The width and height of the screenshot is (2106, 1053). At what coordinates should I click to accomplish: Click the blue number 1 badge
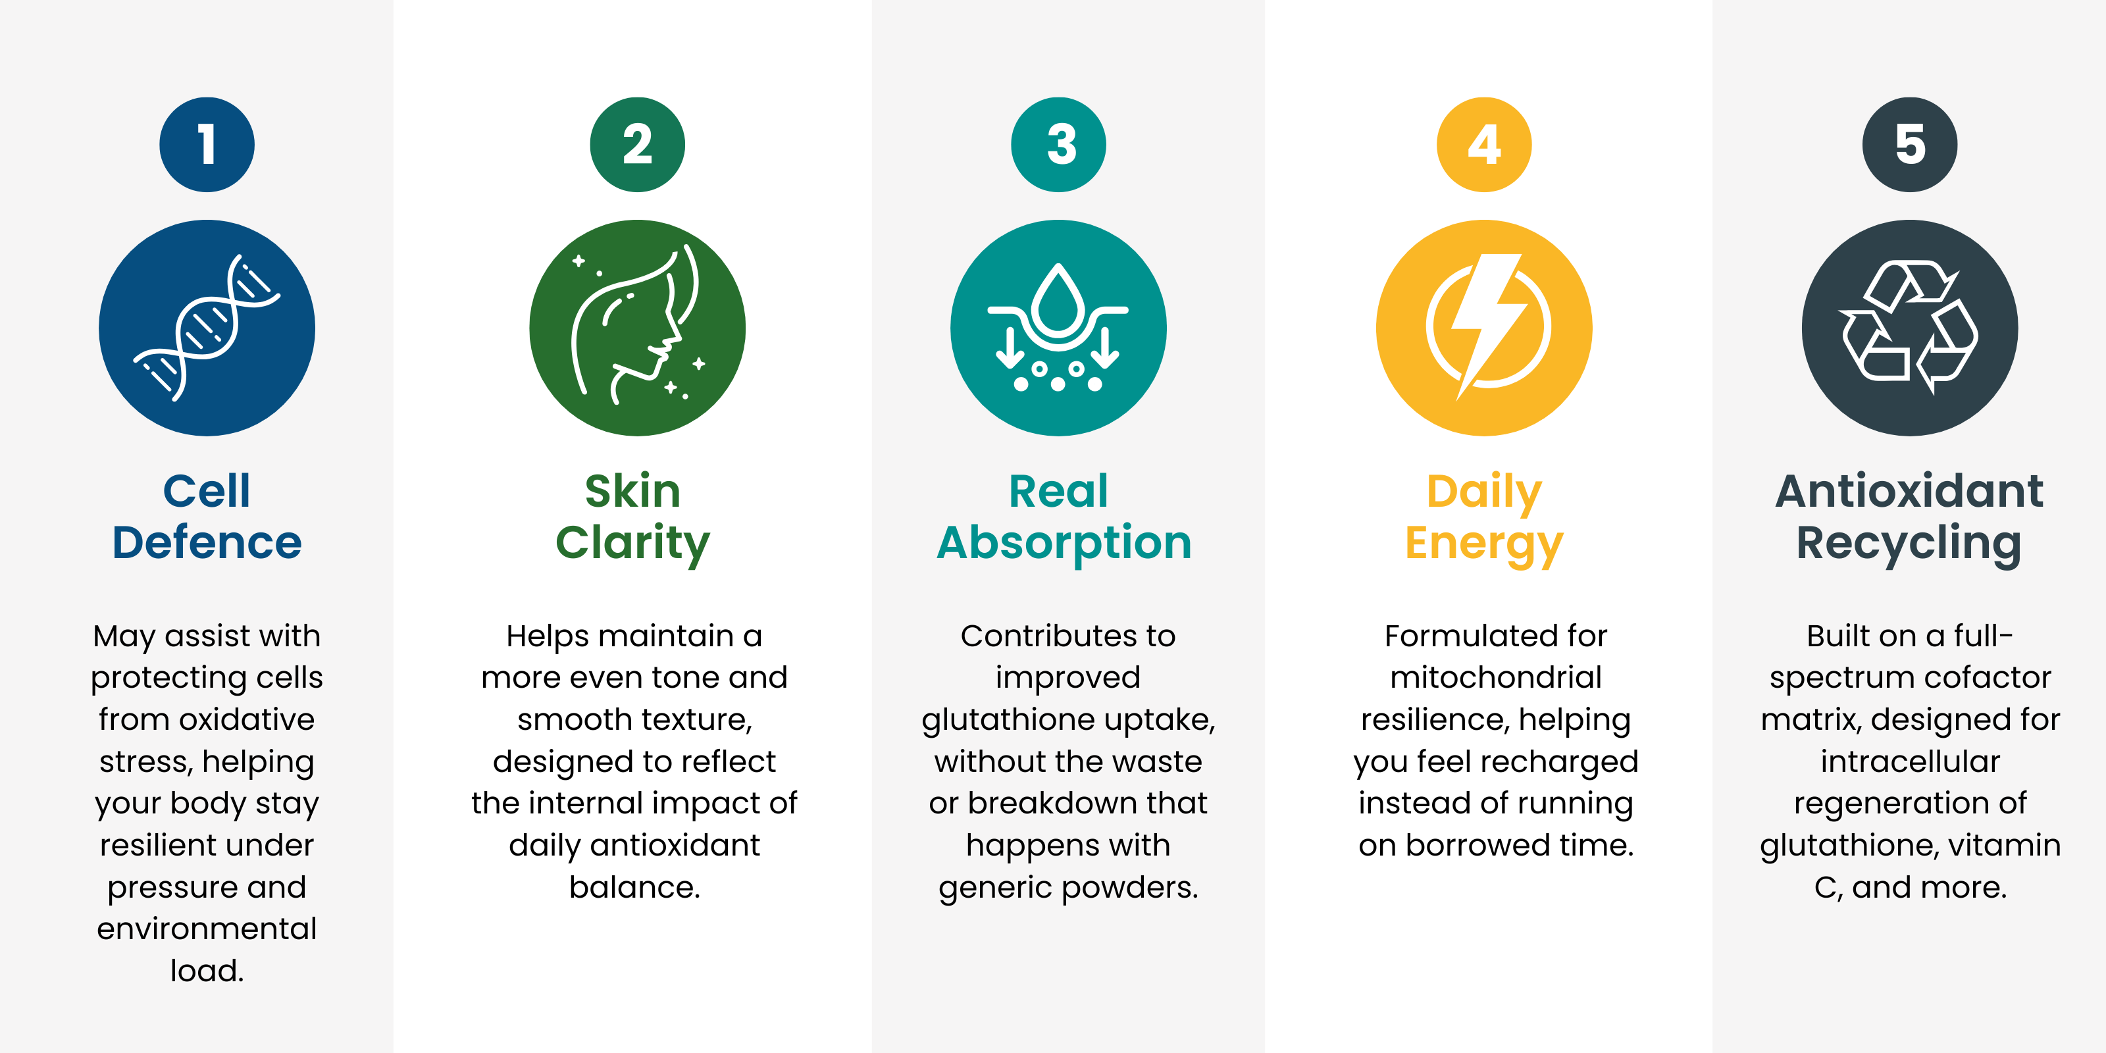pyautogui.click(x=207, y=145)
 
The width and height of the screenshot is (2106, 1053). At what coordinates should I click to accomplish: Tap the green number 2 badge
pyautogui.click(x=638, y=145)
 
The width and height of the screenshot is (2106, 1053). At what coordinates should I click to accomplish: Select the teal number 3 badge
pyautogui.click(x=1059, y=145)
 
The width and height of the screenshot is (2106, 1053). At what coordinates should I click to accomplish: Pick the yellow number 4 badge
pyautogui.click(x=1484, y=145)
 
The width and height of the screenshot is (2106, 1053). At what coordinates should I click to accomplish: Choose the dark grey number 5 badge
pyautogui.click(x=1910, y=145)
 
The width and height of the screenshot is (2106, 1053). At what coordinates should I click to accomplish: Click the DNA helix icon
pyautogui.click(x=207, y=327)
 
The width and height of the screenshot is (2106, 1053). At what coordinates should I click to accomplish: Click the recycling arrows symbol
pyautogui.click(x=1910, y=327)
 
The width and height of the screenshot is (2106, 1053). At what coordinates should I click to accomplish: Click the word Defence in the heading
pyautogui.click(x=207, y=542)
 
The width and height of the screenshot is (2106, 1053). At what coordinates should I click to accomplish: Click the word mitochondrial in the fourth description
pyautogui.click(x=1496, y=677)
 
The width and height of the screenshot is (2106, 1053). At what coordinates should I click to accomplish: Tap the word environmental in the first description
pyautogui.click(x=207, y=929)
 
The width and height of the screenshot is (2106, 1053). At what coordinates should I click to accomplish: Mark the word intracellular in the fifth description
pyautogui.click(x=1910, y=761)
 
